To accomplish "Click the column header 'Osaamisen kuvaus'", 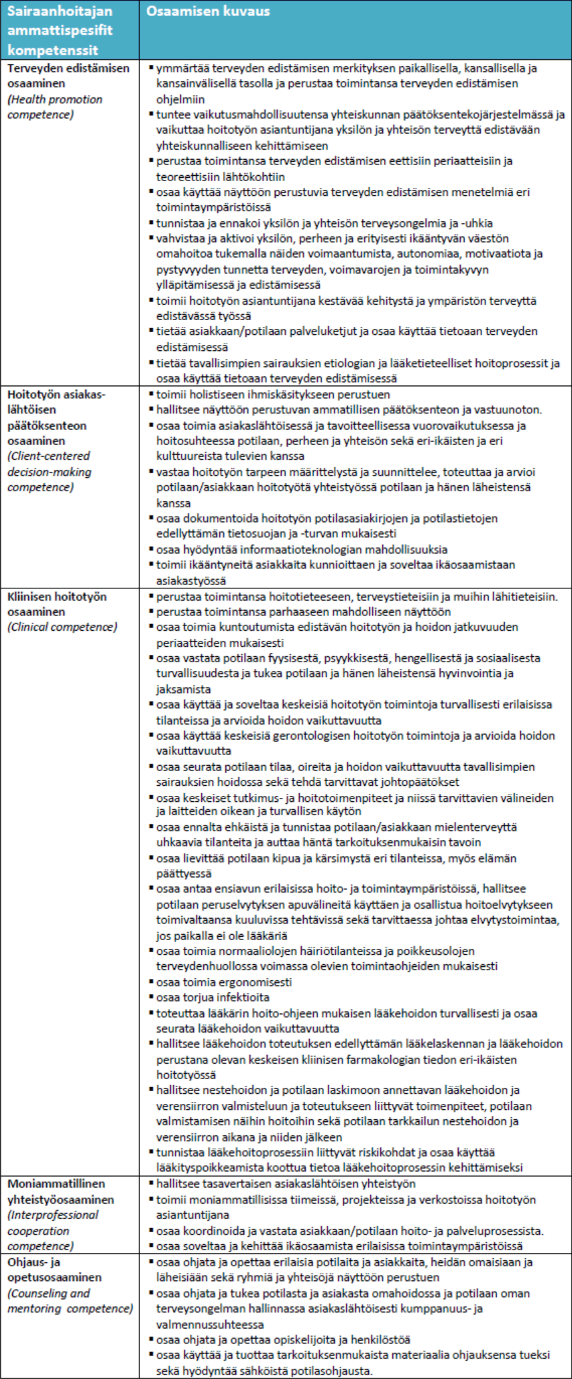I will click(x=208, y=11).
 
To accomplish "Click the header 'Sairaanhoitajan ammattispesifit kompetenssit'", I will click(x=60, y=31).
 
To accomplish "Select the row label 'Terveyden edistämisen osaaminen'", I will click(x=68, y=76).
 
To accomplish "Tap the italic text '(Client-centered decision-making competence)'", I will click(x=50, y=472).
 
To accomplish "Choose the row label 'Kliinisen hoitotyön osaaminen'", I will click(x=56, y=604).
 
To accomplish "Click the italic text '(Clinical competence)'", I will click(x=62, y=627).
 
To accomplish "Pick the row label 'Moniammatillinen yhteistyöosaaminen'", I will click(x=60, y=1191).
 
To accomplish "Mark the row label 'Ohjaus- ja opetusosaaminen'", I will click(x=54, y=1270).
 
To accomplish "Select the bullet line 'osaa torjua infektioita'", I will click(x=213, y=997).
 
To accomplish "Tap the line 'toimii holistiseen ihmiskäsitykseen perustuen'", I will click(x=273, y=395).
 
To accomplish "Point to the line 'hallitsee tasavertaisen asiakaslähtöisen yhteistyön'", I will click(x=286, y=1184).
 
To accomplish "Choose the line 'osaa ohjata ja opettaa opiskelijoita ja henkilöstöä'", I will click(x=283, y=1339).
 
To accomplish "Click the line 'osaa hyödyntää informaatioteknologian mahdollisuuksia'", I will click(x=302, y=549).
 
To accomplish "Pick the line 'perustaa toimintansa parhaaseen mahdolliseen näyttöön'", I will click(x=303, y=611).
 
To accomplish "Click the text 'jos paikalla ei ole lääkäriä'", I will click(x=222, y=935).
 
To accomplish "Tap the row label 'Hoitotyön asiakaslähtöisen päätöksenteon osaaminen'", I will click(x=56, y=417).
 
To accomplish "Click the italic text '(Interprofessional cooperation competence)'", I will click(x=53, y=1230).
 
